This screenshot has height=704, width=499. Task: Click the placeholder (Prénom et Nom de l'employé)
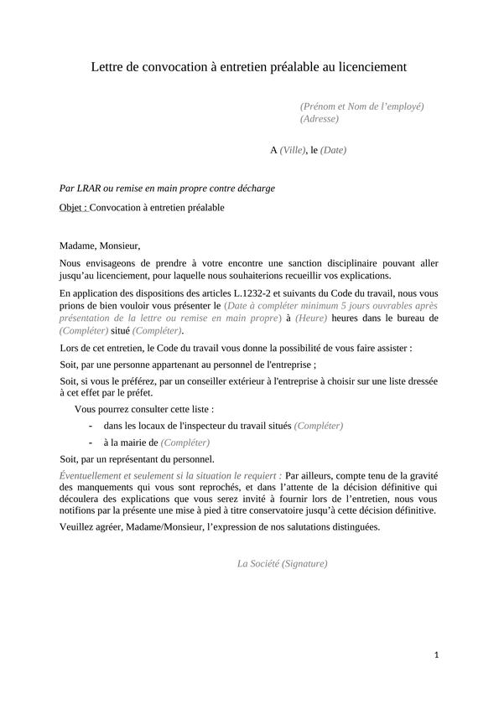click(x=361, y=106)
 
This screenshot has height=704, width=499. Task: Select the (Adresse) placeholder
click(x=320, y=119)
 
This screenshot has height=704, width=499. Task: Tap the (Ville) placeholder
click(x=293, y=151)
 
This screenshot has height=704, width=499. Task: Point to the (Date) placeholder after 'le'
click(x=333, y=151)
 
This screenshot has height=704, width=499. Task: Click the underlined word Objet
click(x=73, y=207)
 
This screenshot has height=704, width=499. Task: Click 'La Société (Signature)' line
click(x=283, y=564)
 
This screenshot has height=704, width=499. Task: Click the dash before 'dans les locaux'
click(x=90, y=426)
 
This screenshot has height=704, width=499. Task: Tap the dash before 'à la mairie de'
click(x=90, y=443)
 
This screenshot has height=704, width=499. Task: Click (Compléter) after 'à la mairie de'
click(x=185, y=443)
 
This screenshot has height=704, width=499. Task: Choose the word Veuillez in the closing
click(x=79, y=527)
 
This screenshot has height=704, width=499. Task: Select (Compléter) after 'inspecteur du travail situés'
click(x=319, y=426)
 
